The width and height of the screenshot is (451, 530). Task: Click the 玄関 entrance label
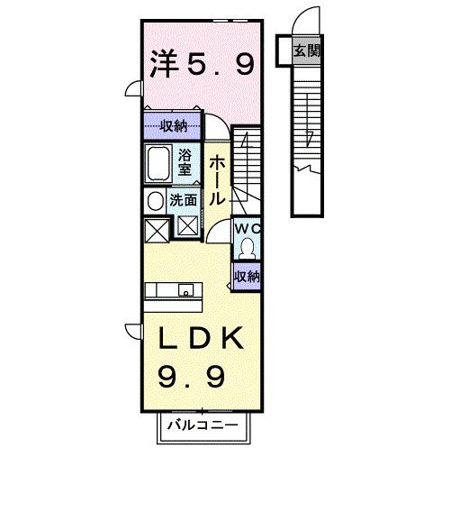point(306,50)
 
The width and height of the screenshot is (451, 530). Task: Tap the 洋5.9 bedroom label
point(201,63)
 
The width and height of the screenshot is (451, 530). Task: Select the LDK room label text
point(200,339)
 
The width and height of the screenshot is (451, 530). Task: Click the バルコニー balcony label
point(203,425)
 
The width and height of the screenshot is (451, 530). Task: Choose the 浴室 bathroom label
point(185,161)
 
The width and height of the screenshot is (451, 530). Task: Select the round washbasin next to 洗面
point(155,200)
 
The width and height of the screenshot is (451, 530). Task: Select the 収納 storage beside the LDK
point(247,276)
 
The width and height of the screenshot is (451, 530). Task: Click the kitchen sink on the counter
point(185,290)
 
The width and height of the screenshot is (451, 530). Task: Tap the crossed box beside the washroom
point(188,227)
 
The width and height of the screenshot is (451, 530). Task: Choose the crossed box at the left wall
point(155,230)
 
